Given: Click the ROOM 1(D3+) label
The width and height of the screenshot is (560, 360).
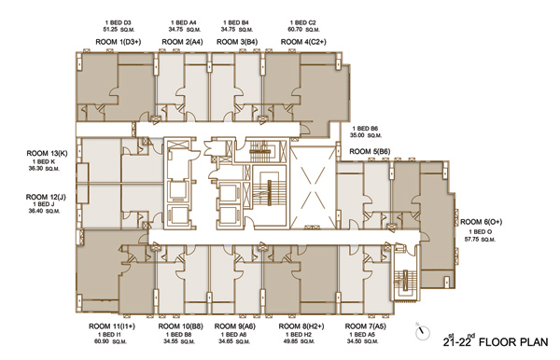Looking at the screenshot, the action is click(119, 42).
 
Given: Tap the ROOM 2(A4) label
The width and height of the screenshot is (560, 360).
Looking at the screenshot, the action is click(182, 42).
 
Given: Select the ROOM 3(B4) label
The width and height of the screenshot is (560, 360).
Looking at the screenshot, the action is click(237, 42).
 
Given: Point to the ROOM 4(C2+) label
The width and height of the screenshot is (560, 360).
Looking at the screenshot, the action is click(303, 42).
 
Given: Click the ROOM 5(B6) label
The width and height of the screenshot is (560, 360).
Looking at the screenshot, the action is click(370, 152).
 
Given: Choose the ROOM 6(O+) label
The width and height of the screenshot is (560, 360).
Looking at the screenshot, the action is click(481, 222).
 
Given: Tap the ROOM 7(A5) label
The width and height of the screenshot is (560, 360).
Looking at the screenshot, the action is click(365, 326).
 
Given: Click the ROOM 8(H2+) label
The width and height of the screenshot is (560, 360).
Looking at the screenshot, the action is click(301, 326).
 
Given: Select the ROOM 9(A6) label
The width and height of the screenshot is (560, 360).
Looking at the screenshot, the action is click(235, 326).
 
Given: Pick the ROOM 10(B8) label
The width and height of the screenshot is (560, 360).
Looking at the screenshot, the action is click(181, 326).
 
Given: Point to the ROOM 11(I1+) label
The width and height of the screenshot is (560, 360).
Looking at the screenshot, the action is click(112, 326).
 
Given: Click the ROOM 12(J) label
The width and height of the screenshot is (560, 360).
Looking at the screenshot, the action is click(46, 197).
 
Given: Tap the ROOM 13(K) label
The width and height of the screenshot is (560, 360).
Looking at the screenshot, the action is click(47, 153).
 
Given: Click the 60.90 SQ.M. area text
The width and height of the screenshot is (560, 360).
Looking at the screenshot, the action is click(112, 341).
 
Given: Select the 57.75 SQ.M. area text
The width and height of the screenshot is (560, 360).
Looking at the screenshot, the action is click(480, 240).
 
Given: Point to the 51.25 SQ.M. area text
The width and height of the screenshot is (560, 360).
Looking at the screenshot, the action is click(119, 30).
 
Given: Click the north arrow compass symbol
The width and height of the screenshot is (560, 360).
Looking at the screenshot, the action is click(423, 332).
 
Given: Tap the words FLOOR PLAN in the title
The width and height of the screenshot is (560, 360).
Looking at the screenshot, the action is click(513, 342).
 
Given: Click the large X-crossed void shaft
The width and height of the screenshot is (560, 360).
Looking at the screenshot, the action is click(314, 187).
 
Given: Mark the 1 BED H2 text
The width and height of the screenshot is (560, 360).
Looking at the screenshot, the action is click(299, 335).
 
